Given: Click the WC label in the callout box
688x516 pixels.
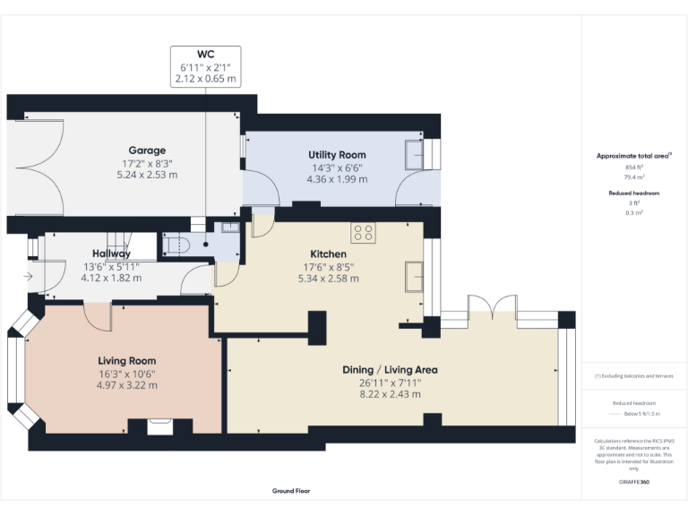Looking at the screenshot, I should click(x=206, y=54).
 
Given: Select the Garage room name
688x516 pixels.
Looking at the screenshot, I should click(x=147, y=150).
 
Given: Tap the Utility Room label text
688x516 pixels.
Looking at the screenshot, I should click(x=337, y=155).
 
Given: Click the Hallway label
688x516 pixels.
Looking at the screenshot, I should click(x=111, y=254).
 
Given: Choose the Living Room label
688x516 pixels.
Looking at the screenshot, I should click(x=126, y=361).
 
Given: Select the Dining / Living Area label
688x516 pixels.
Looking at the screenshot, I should click(x=390, y=369).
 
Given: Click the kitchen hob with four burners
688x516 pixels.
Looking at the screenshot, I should click(x=364, y=233).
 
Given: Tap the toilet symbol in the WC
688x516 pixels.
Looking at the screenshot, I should click(x=176, y=243).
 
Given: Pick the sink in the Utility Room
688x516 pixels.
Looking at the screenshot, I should click(x=415, y=156).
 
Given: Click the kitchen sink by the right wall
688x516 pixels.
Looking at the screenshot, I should click(x=414, y=276).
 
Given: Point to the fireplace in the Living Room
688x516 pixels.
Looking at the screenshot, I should click(x=159, y=426).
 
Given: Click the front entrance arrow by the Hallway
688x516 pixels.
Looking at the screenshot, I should click(x=29, y=277).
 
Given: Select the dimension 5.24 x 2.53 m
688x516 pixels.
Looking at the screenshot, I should click(x=147, y=175).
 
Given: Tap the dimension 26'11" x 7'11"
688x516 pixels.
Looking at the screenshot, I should click(x=390, y=383).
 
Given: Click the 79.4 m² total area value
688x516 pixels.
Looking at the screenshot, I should click(x=634, y=177).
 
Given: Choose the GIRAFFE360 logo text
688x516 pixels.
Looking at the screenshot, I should click(x=634, y=483).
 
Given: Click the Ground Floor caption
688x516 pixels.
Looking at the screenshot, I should click(x=291, y=491).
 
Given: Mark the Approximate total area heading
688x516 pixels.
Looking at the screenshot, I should click(x=633, y=156).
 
